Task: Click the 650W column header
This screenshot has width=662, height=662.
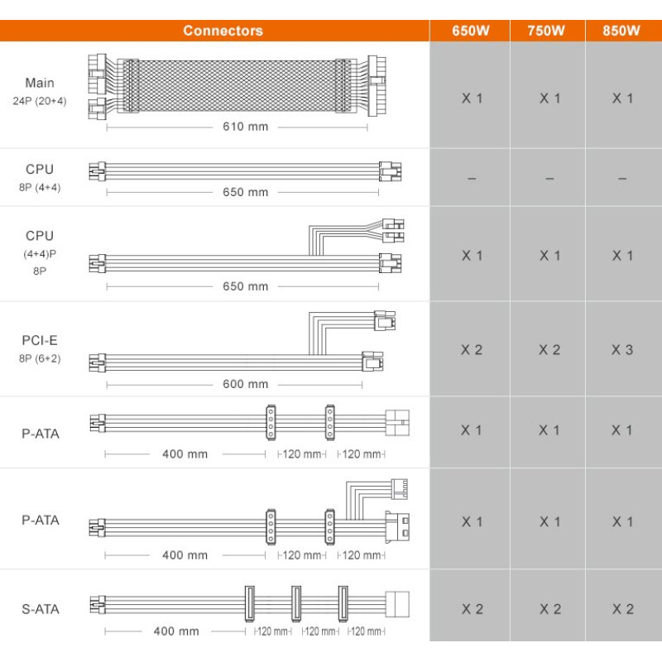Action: [470, 31]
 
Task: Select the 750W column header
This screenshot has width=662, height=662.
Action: [546, 31]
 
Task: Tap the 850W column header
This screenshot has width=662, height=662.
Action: [621, 31]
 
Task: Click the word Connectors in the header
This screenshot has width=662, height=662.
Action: [223, 31]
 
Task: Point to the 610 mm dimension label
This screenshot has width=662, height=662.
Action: [245, 127]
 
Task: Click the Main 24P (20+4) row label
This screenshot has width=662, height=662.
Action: [40, 91]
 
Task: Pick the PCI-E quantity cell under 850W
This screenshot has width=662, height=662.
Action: [623, 349]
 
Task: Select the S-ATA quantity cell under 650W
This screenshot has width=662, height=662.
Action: [472, 609]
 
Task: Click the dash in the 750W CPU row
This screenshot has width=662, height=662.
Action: [549, 179]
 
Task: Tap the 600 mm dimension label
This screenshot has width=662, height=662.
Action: [245, 384]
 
